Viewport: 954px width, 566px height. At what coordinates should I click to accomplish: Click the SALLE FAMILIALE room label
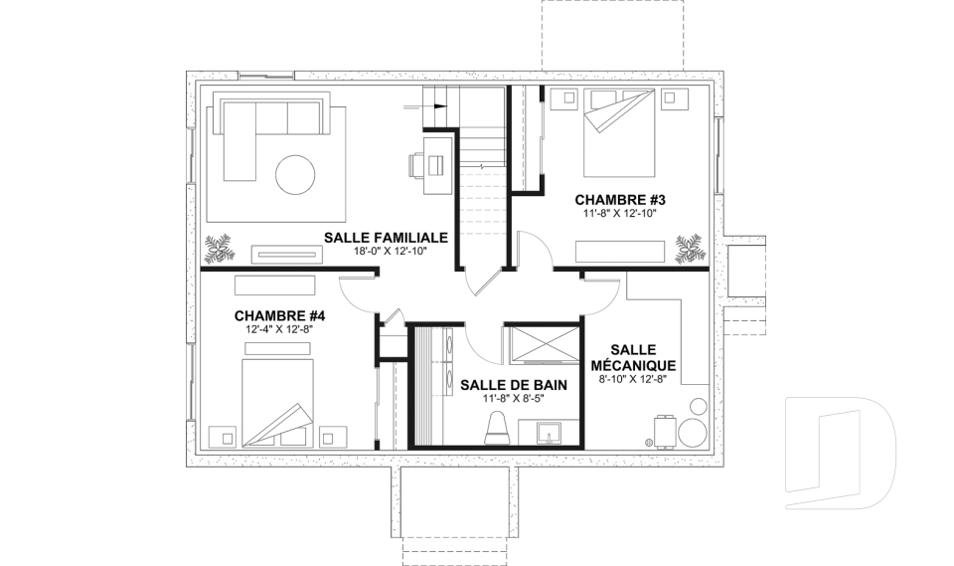(386, 238)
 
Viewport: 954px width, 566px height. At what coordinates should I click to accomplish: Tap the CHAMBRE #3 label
(620, 200)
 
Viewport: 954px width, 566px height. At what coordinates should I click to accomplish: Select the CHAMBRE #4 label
(279, 315)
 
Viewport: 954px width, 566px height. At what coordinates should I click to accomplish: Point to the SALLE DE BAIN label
(514, 385)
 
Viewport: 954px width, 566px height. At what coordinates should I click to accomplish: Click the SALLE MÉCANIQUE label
(633, 358)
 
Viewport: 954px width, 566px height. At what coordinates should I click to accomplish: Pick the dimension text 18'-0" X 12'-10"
(386, 251)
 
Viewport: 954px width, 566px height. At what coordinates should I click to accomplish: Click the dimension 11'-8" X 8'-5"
(514, 399)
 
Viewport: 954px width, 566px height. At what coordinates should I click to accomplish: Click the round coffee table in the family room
(295, 175)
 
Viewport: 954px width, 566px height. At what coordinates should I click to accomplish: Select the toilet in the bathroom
(497, 427)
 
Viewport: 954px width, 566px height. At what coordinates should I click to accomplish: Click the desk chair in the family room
(415, 165)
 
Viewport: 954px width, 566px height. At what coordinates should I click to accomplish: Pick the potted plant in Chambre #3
(690, 249)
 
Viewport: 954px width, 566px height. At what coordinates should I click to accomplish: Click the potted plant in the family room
(218, 249)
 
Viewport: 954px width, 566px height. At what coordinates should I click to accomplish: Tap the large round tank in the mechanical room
(693, 432)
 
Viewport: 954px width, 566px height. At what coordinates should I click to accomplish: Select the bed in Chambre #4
(278, 403)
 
